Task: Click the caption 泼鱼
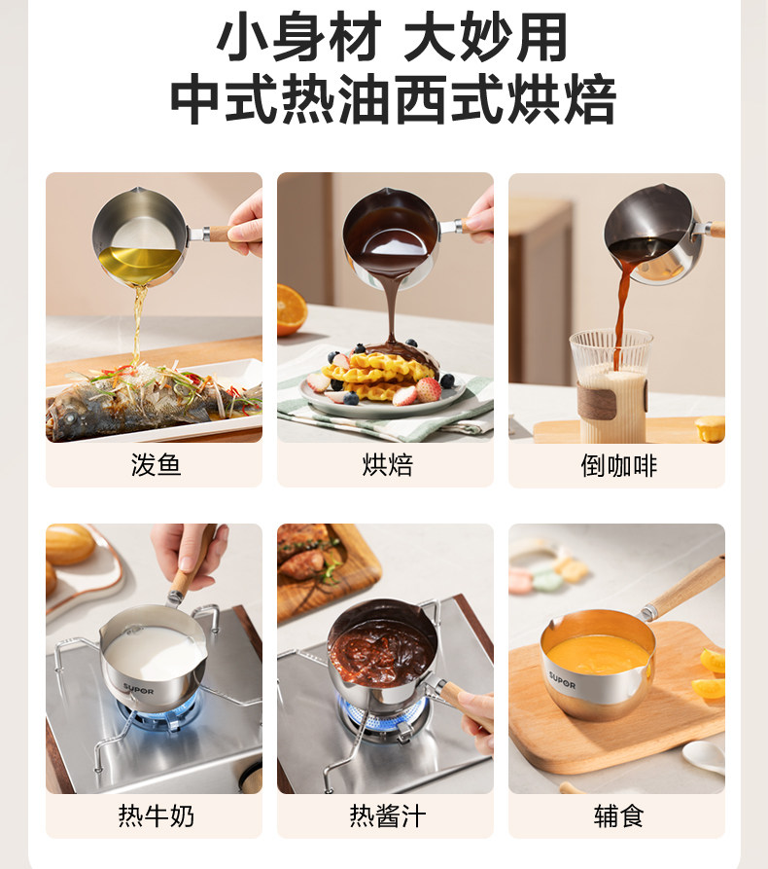click(156, 465)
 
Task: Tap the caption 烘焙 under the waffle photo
click(387, 465)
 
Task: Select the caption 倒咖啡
click(618, 466)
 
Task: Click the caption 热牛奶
click(156, 815)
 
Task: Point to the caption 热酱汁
click(387, 815)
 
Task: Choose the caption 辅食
click(618, 815)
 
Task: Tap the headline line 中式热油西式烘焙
click(392, 100)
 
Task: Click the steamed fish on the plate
click(136, 399)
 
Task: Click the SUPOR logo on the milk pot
click(138, 688)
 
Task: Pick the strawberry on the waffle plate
click(429, 389)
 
